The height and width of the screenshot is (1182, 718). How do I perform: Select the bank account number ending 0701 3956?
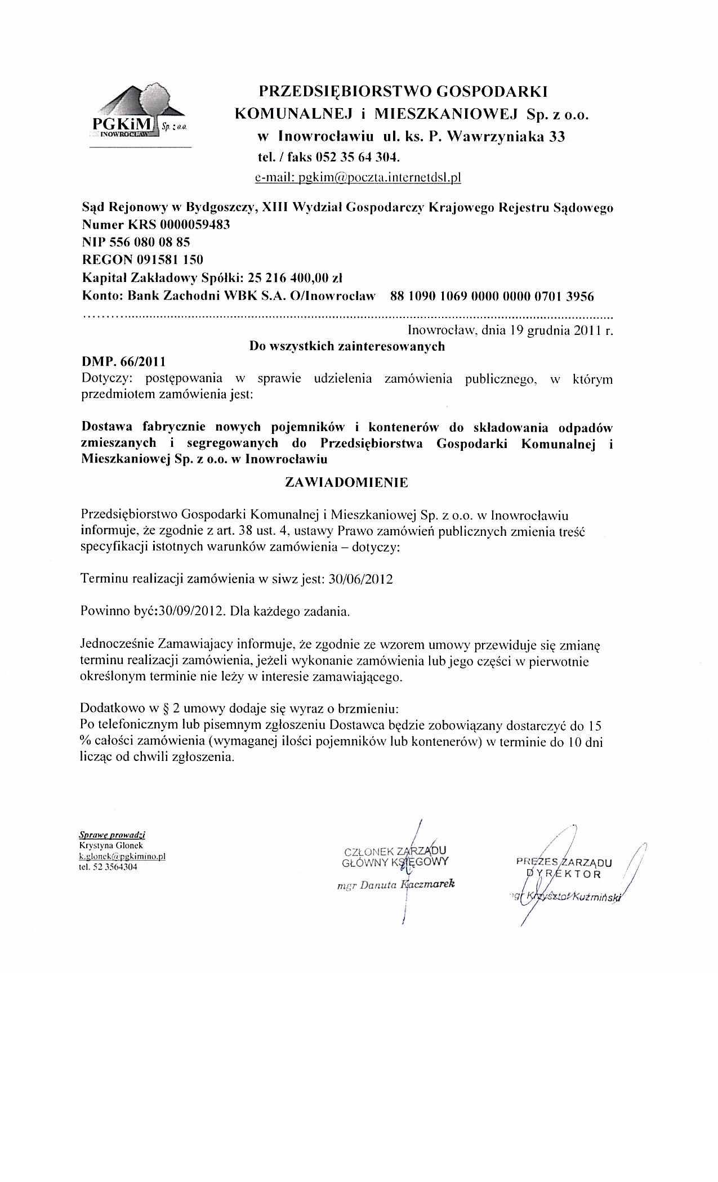click(492, 295)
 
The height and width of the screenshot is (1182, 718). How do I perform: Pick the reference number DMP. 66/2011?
click(124, 360)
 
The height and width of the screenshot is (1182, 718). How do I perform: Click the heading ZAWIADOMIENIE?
click(347, 482)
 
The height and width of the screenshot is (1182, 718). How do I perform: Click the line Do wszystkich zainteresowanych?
click(347, 346)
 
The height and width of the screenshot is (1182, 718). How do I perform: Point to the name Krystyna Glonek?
click(111, 845)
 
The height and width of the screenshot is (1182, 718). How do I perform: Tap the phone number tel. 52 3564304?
click(109, 867)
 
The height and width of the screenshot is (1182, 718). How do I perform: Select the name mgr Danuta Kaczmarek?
click(395, 884)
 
